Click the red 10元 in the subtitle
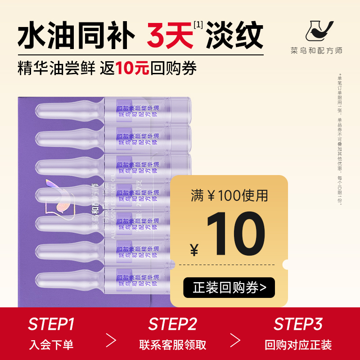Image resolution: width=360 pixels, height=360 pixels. [x=132, y=68]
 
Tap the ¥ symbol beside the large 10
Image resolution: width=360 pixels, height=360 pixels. [x=194, y=249]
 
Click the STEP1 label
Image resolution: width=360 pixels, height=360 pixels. [x=51, y=324]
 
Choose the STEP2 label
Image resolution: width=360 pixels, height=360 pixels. [x=173, y=324]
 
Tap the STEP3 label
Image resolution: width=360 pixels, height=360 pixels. [x=298, y=324]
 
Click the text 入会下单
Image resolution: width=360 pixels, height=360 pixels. [x=51, y=345]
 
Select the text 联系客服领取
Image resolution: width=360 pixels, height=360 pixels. [x=173, y=345]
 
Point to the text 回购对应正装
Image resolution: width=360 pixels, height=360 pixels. [x=298, y=345]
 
